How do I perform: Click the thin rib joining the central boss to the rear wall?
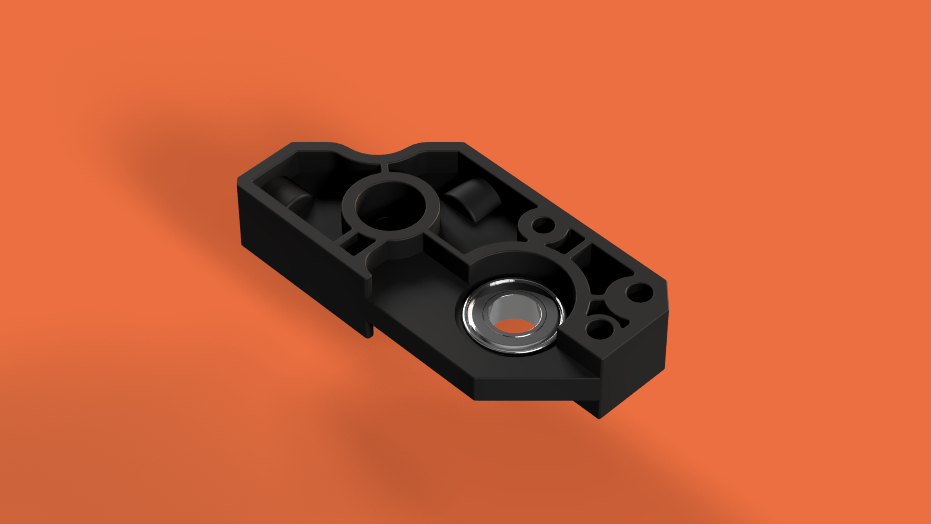[385, 168]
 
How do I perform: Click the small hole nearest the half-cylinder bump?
[542, 224]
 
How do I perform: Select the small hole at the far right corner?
[639, 292]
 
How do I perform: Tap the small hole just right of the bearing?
[600, 329]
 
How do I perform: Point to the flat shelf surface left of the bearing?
[416, 299]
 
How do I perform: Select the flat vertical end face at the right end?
[634, 359]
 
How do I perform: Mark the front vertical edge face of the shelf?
[525, 390]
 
